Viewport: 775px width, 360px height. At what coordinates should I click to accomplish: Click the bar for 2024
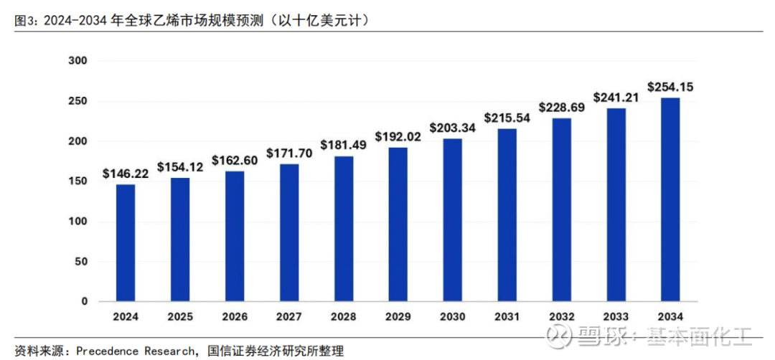click(126, 243)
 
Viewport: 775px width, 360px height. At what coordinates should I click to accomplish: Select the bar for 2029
click(398, 224)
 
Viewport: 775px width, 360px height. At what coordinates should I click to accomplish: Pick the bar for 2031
click(507, 215)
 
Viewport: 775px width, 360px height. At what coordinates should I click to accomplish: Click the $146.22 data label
click(126, 173)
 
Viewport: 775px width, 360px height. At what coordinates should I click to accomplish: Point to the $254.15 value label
click(670, 87)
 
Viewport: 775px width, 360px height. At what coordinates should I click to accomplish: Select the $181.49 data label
click(343, 144)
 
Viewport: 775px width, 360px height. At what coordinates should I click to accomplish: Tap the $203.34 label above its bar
click(452, 128)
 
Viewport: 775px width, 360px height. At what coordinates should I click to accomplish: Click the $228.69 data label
click(561, 107)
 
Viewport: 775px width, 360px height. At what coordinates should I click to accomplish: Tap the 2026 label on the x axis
click(235, 316)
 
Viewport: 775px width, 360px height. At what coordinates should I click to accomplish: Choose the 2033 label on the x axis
click(615, 316)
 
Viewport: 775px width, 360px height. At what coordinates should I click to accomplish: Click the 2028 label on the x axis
click(343, 316)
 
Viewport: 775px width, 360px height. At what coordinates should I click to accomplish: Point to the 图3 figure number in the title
click(24, 22)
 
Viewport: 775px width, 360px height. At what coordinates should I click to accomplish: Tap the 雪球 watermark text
click(595, 335)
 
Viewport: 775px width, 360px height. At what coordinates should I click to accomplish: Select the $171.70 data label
click(288, 153)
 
